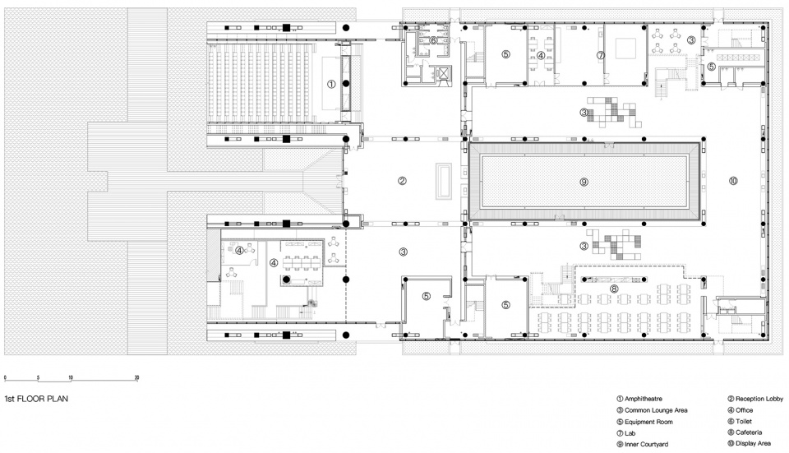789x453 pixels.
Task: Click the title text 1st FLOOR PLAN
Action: click(36, 399)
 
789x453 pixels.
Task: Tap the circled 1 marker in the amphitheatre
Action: click(331, 84)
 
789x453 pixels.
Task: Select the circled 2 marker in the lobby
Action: click(402, 181)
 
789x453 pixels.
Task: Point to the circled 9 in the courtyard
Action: click(584, 182)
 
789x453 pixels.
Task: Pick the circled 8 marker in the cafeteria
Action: click(613, 289)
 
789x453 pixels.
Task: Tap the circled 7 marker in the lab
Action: click(600, 55)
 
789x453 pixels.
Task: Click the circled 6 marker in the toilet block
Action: click(433, 40)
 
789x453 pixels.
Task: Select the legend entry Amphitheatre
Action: click(639, 399)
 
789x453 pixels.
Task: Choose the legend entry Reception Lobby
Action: click(755, 399)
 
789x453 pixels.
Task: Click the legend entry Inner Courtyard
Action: click(643, 445)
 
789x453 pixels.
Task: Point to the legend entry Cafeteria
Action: click(745, 432)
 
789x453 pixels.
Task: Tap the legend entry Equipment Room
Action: click(644, 422)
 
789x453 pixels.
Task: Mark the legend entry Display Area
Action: click(750, 443)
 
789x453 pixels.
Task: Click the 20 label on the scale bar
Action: click(136, 377)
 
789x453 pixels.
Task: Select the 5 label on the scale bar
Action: click(39, 377)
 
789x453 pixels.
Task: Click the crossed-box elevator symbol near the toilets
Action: click(443, 73)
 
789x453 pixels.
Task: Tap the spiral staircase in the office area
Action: click(313, 303)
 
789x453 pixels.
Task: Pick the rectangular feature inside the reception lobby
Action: click(443, 181)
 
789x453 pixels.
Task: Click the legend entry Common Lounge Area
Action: click(652, 410)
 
